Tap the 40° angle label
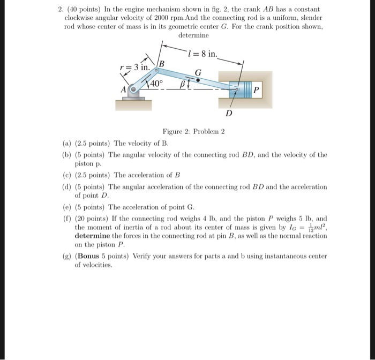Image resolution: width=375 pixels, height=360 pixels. (156, 84)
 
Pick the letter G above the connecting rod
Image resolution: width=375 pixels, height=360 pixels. (198, 72)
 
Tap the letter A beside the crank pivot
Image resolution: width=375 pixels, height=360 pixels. (125, 90)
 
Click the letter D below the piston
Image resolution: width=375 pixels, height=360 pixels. (229, 114)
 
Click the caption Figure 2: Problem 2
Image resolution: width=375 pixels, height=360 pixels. (193, 132)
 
